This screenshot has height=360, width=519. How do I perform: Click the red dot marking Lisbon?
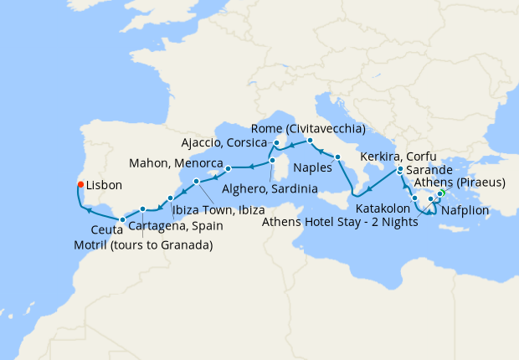click(x=80, y=184)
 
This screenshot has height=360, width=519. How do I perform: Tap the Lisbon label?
click(x=105, y=184)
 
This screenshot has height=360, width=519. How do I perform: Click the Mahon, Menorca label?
click(x=176, y=162)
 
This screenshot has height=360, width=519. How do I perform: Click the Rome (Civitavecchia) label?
click(x=309, y=128)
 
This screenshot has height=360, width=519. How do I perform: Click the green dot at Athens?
click(x=441, y=199)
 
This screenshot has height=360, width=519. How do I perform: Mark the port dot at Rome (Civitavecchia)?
click(x=310, y=140)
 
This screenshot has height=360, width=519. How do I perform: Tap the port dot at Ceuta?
click(x=122, y=219)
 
